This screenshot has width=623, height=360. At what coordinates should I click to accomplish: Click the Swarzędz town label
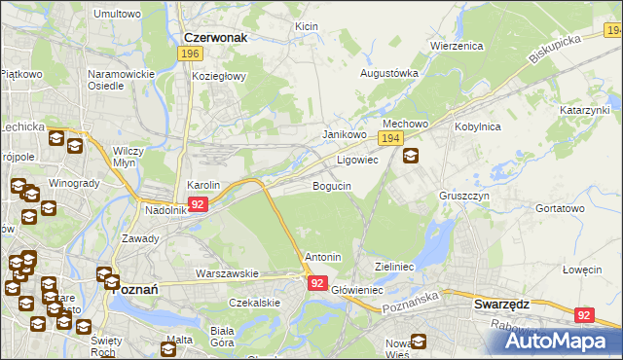[501, 304]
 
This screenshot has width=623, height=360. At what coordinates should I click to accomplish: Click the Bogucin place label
[331, 186]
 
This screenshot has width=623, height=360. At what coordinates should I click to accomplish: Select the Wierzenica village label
[457, 46]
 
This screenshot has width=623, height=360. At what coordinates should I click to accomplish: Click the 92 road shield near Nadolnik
[198, 204]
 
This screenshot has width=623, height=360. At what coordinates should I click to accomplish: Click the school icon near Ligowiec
[411, 156]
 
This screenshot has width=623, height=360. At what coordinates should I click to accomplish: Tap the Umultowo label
[117, 15]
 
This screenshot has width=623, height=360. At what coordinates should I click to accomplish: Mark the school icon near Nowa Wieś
[419, 342]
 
